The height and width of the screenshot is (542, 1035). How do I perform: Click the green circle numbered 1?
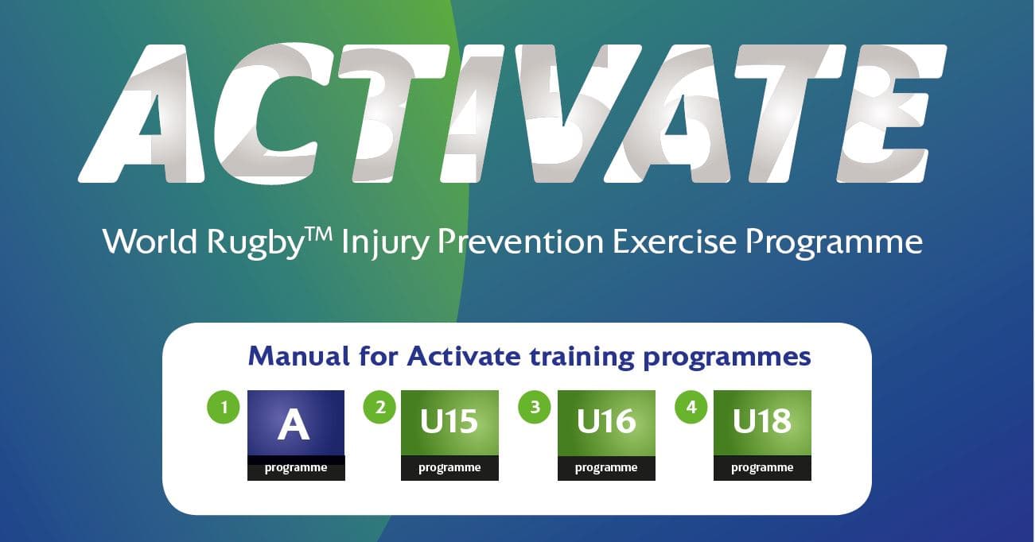(224, 408)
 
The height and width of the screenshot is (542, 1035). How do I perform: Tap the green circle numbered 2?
(379, 408)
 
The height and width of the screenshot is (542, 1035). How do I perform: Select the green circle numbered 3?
(535, 408)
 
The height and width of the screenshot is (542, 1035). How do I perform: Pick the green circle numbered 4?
(691, 408)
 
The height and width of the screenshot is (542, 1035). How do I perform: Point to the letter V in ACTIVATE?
(570, 111)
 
